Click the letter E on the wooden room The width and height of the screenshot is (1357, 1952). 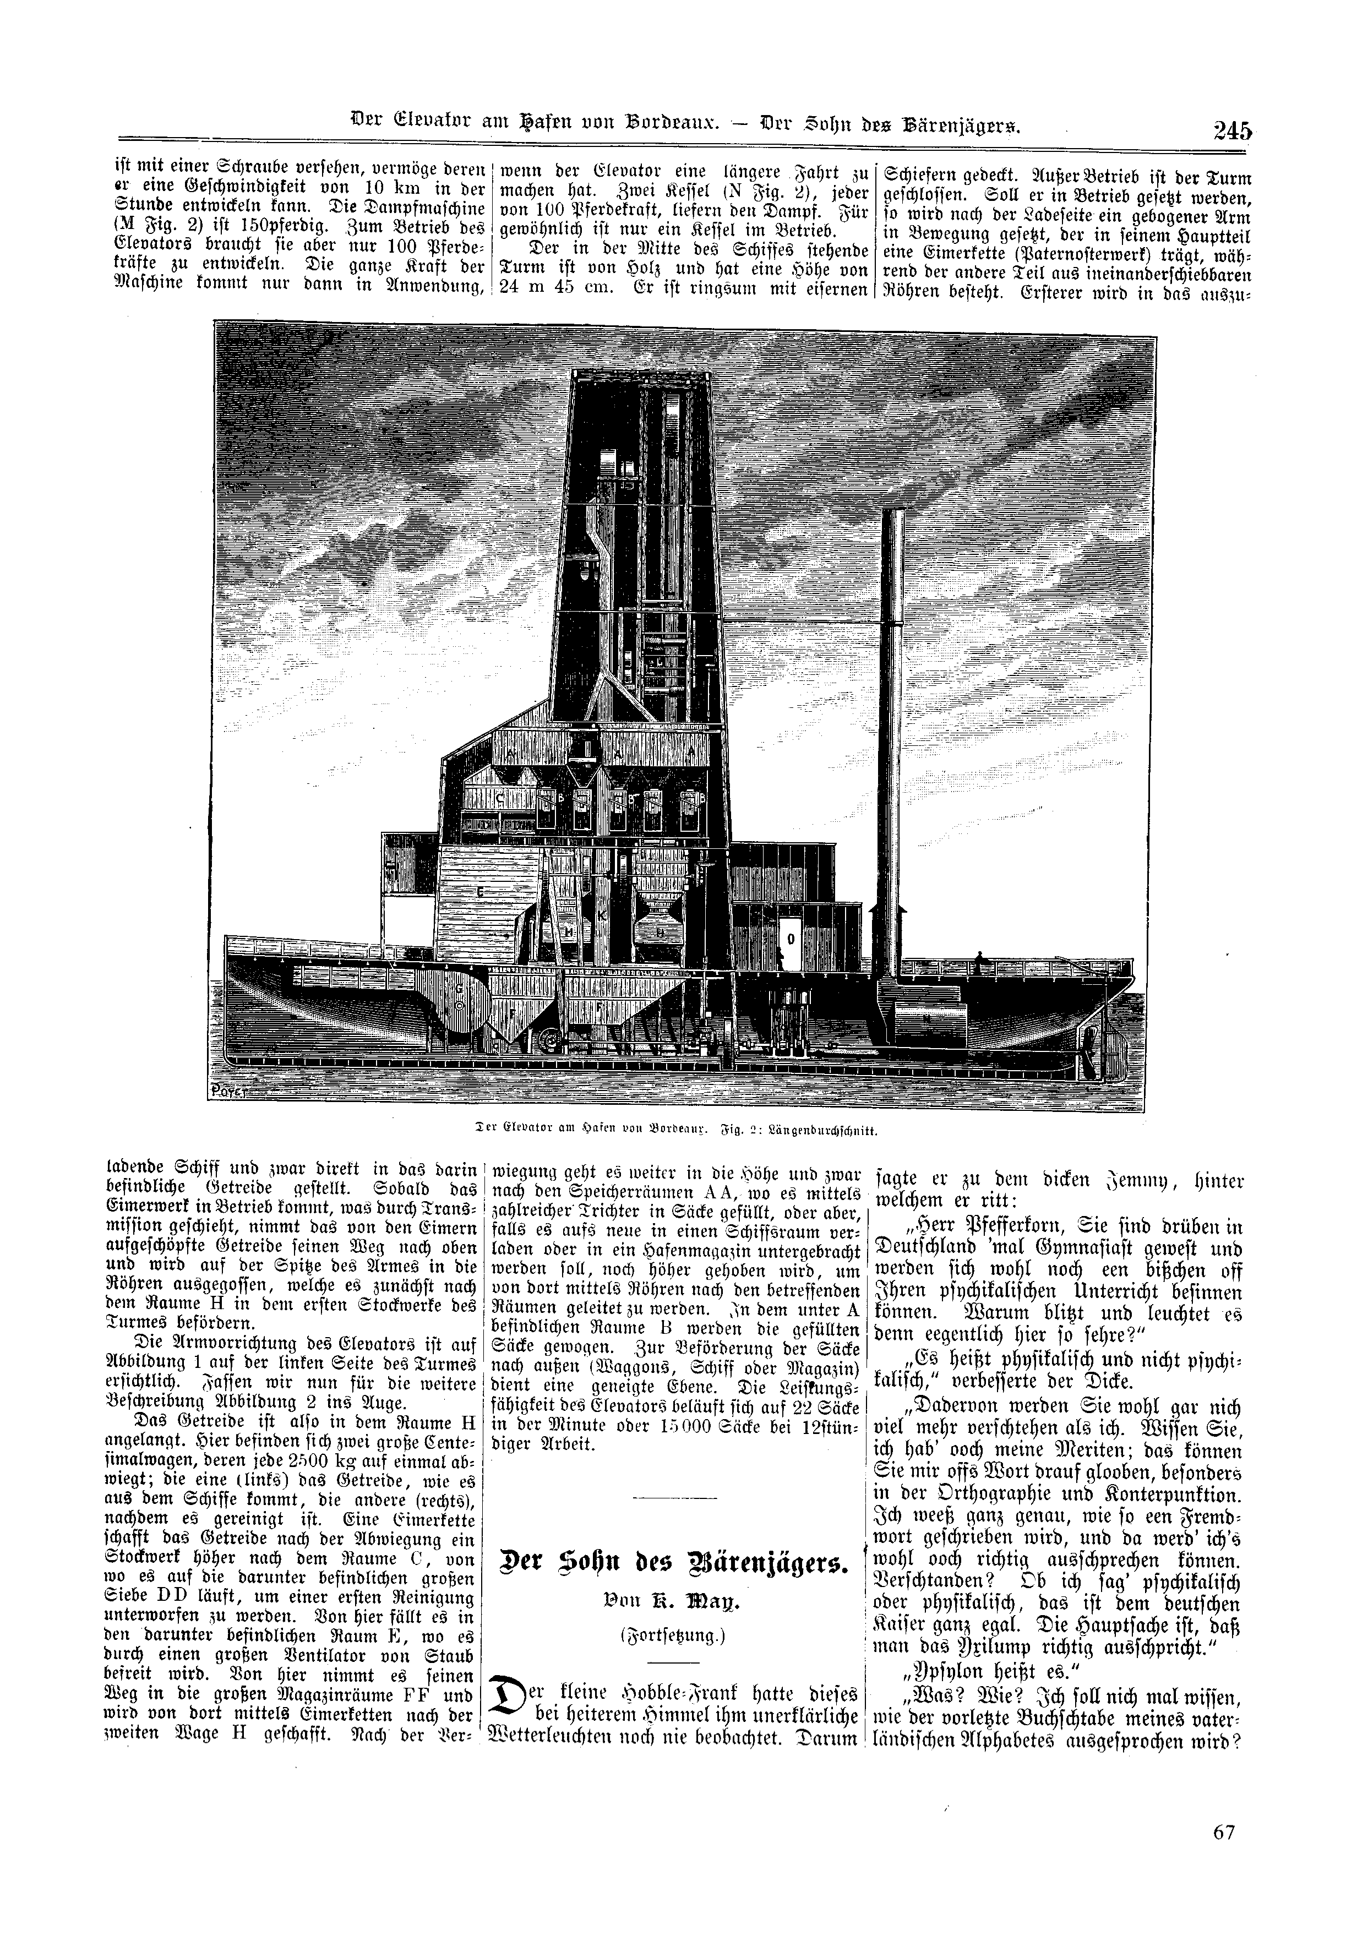(x=481, y=892)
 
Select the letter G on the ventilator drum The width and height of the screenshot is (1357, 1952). (x=460, y=990)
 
